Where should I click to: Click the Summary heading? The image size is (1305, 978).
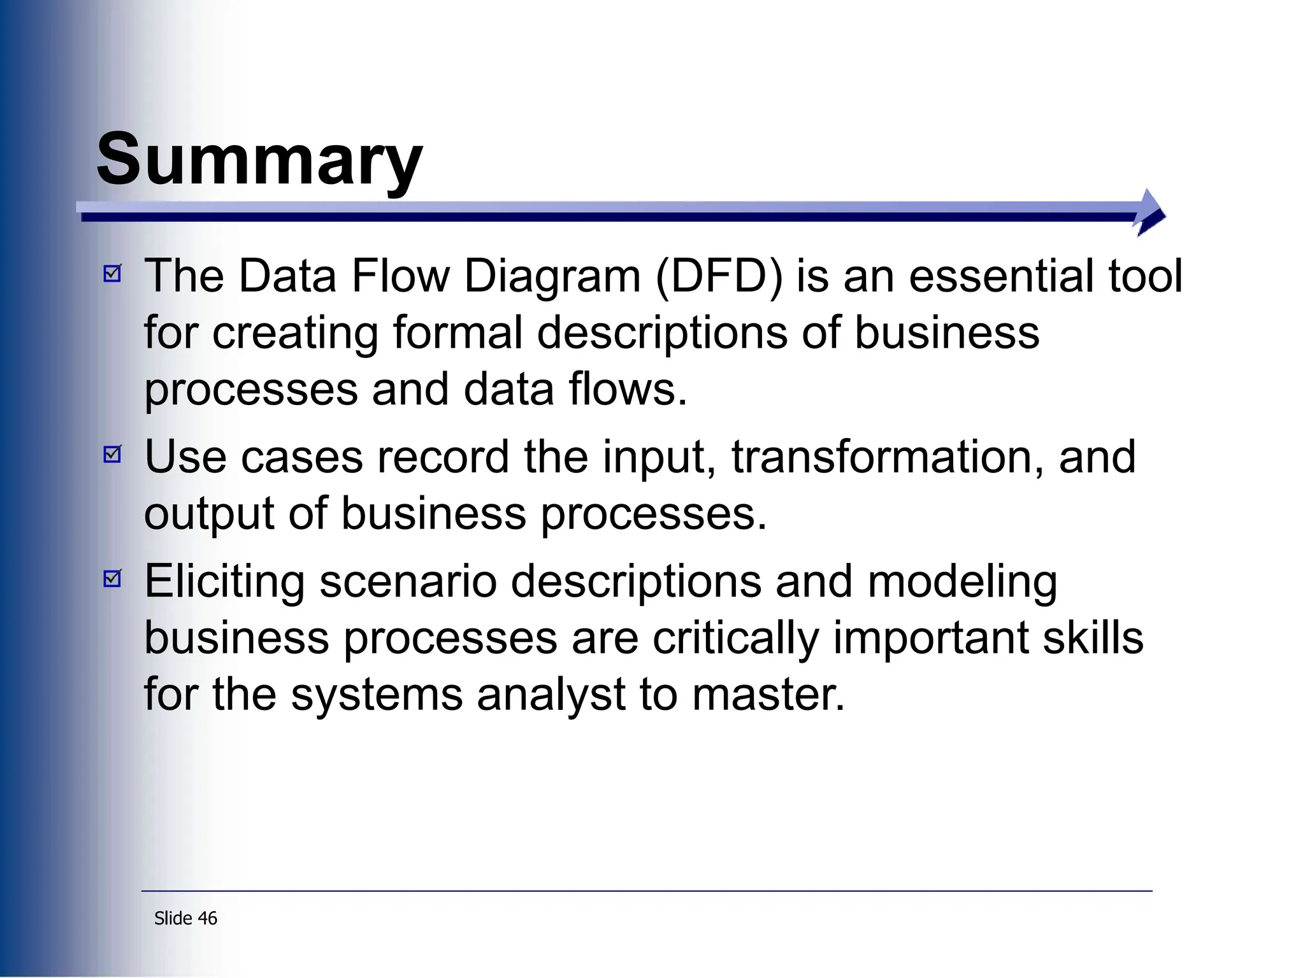(x=259, y=159)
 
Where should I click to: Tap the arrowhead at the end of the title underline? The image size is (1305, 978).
(x=1150, y=213)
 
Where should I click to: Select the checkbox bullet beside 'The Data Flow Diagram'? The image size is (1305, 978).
(x=112, y=274)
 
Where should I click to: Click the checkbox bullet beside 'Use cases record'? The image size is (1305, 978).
(x=112, y=455)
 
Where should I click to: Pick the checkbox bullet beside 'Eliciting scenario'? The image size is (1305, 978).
(x=112, y=579)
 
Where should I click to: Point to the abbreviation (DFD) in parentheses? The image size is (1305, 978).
(x=719, y=277)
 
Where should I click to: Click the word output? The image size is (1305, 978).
(x=209, y=514)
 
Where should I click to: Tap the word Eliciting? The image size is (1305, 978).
(x=224, y=582)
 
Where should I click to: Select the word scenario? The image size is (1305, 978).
(x=408, y=582)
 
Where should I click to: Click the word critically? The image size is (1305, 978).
(x=735, y=639)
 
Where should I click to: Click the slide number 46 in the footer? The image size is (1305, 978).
(x=208, y=918)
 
